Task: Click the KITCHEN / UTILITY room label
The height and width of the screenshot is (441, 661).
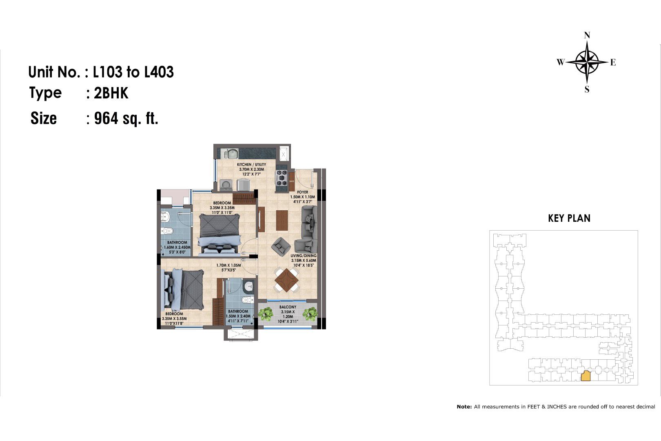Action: coord(251,165)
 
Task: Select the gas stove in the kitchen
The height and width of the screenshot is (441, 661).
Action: coord(281,178)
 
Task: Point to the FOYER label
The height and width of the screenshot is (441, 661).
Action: coord(302,192)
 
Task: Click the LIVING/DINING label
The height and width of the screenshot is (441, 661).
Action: coord(303,256)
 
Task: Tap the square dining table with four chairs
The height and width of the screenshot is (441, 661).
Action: coord(286,280)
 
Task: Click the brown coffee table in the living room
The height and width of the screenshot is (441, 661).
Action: coord(282,220)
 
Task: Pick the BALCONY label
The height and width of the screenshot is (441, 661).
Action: coord(288,307)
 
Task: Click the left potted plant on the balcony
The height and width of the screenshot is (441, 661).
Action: coord(266,314)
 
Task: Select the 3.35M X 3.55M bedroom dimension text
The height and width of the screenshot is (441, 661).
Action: coord(174,319)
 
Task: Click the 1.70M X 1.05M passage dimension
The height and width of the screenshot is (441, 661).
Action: coord(228,265)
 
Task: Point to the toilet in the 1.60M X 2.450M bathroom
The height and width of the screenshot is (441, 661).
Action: coord(167,231)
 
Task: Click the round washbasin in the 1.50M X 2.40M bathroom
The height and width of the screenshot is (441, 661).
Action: coord(248,286)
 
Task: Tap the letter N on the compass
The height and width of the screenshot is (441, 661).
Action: coord(587,36)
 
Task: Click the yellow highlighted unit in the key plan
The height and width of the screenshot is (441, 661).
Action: coord(586,376)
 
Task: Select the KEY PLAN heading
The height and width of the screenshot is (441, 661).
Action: coord(569,218)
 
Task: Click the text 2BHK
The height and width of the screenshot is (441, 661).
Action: coord(111,93)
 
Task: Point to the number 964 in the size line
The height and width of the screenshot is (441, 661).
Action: coord(106,118)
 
